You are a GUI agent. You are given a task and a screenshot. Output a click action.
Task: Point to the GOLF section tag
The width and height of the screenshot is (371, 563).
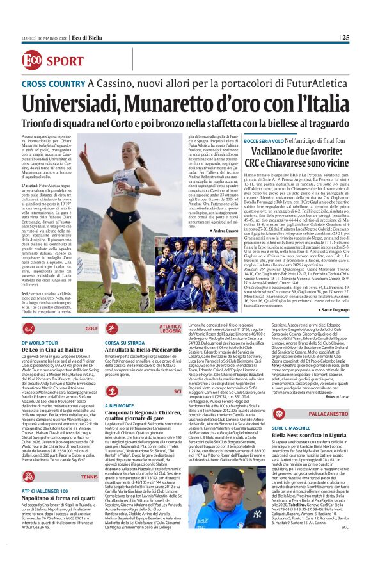pyautogui.click(x=91, y=328)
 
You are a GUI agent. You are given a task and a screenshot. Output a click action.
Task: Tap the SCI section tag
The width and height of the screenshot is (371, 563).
pyautogui.click(x=178, y=390)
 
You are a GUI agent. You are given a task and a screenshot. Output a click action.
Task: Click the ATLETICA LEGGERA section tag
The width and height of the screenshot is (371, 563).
pyautogui.click(x=171, y=329)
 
